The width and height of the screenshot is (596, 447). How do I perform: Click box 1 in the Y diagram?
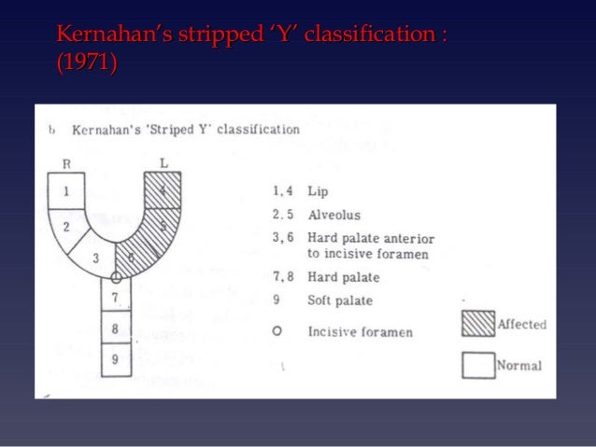click(65, 190)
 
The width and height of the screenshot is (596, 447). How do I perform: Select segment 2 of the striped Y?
click(68, 226)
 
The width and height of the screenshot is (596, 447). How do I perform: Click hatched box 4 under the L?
click(163, 190)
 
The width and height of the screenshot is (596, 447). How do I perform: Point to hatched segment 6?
click(132, 258)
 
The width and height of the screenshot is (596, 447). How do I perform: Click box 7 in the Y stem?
click(116, 298)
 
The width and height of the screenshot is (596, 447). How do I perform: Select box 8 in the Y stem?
click(116, 328)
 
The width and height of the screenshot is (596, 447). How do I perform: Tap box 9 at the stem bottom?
click(116, 358)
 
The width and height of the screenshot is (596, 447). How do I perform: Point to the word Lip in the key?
click(317, 191)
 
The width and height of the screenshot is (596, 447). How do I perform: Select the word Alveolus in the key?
click(335, 215)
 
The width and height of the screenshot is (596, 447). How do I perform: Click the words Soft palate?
click(340, 300)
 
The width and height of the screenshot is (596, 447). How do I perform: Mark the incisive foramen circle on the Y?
click(116, 277)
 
